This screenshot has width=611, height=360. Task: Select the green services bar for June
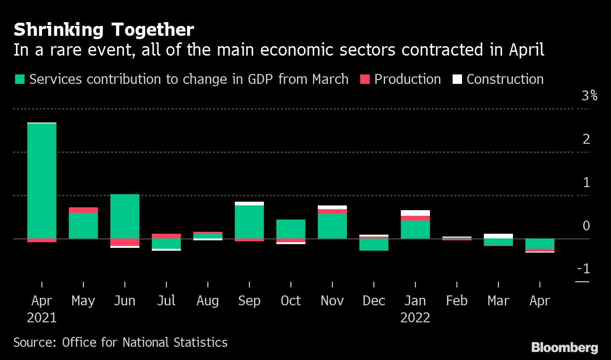point(125,216)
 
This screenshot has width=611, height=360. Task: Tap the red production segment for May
point(83,210)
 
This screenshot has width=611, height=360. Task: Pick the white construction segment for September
point(249,204)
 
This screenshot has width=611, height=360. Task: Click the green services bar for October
point(291,229)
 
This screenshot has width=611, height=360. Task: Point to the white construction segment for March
point(498,236)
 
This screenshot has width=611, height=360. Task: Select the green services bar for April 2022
point(540,244)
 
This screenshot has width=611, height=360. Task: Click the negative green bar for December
point(374,244)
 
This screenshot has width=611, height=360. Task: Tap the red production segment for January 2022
point(415,218)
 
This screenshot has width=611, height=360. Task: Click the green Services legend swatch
point(20,79)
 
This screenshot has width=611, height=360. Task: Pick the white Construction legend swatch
point(456,79)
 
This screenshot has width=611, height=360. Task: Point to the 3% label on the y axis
point(589,96)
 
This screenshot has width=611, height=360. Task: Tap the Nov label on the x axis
point(332,301)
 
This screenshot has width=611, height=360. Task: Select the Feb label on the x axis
point(457,301)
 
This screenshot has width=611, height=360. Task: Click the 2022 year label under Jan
point(415,318)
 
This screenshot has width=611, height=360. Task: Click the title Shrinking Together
point(104,30)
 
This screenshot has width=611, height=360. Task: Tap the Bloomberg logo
point(564,348)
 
